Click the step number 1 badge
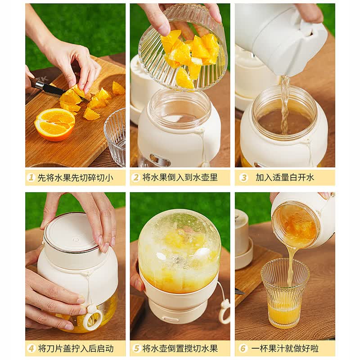pyautogui.click(x=31, y=177)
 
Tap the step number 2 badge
pyautogui.click(x=136, y=177)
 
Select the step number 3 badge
pyautogui.click(x=243, y=177)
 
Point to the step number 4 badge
pyautogui.click(x=31, y=348)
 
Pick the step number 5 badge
pyautogui.click(x=136, y=348)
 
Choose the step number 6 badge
pyautogui.click(x=243, y=348)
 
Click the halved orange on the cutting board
pyautogui.click(x=54, y=124)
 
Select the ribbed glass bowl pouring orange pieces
pyautogui.click(x=183, y=49)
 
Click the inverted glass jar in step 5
pyautogui.click(x=179, y=250)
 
